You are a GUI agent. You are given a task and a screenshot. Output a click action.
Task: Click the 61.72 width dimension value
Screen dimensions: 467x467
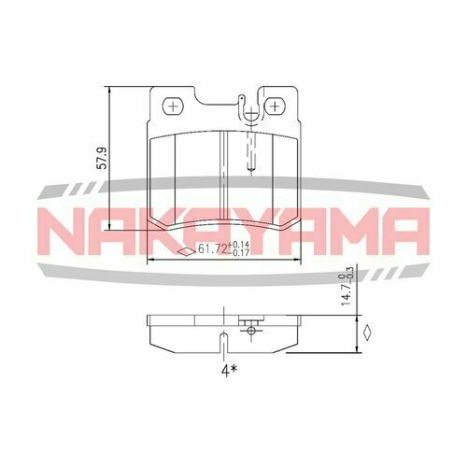(x=215, y=250)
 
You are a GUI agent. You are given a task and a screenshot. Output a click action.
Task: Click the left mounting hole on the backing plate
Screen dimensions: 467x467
(x=173, y=106)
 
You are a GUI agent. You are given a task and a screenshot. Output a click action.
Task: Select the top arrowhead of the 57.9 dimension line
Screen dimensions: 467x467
(x=110, y=92)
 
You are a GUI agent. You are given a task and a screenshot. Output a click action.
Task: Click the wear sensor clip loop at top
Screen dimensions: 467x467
(x=245, y=106)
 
